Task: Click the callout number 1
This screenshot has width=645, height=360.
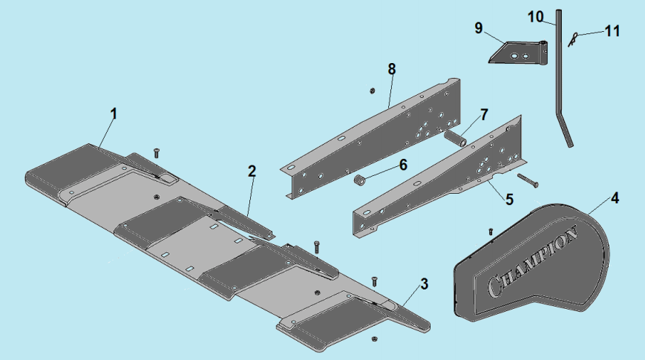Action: point(114,114)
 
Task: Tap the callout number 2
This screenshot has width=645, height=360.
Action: point(252,171)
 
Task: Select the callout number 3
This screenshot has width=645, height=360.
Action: point(424,284)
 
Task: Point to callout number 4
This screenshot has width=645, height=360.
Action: point(615,198)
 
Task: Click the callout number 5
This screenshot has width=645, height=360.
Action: point(509,199)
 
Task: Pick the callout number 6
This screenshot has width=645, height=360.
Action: point(403,164)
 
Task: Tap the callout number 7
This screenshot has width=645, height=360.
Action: point(483,114)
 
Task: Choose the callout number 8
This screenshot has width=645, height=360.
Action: point(391,68)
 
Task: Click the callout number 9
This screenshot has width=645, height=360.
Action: point(479,27)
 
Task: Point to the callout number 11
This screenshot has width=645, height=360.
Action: point(612,31)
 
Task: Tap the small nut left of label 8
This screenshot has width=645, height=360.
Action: point(371,91)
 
